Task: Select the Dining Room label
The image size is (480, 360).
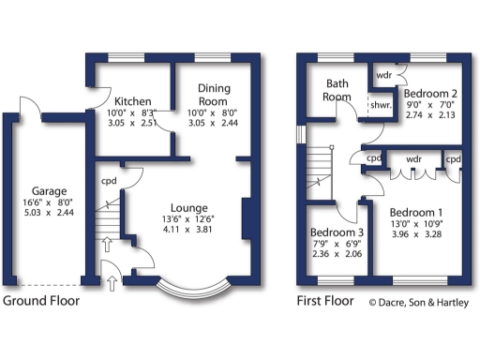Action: pos(214,94)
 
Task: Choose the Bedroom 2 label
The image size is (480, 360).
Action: pos(428,94)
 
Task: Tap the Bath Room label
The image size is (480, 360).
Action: pos(337,90)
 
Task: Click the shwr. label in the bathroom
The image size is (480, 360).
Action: pos(380,105)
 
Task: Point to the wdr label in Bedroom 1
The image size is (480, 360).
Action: pos(413,159)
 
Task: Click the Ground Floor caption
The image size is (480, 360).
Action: pos(40,301)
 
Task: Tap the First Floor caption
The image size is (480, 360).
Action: pos(324,301)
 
